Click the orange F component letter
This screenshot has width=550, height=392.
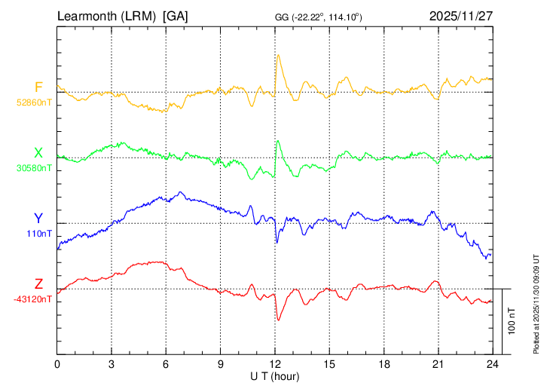(38, 87)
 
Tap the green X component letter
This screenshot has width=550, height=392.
(38, 154)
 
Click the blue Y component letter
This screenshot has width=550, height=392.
(38, 219)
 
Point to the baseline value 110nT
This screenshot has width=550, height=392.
(38, 233)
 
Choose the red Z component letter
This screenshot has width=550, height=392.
(38, 284)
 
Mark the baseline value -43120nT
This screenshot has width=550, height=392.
(33, 299)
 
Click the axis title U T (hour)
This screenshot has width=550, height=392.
(275, 375)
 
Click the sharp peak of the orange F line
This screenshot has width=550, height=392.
(278, 55)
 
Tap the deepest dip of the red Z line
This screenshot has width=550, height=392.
(278, 320)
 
